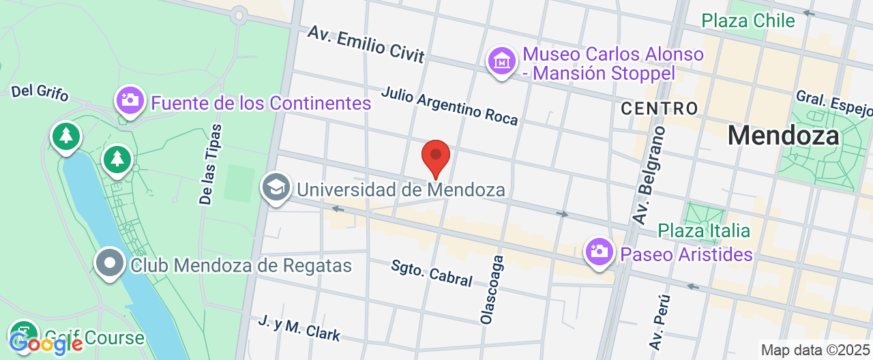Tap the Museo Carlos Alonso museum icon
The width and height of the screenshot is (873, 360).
coord(502,61)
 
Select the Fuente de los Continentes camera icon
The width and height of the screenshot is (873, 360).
coord(129,101)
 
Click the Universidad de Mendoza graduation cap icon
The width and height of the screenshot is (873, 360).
coord(276,187)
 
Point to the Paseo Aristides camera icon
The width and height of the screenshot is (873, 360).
coord(600,252)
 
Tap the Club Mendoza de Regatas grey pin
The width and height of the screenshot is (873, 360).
coord(109,263)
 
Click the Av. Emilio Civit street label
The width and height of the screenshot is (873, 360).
coord(366,44)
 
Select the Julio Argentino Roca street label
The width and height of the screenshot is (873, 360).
coord(449,106)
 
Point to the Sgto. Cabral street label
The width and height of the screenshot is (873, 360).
coord(432,272)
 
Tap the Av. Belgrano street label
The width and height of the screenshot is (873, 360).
coord(648,175)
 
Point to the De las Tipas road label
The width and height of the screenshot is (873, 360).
coord(211,164)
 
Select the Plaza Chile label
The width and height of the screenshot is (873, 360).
coord(748,20)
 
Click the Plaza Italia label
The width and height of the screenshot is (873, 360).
coord(704,230)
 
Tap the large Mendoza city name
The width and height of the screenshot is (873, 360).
coord(783,136)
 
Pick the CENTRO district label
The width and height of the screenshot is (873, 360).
coord(660,108)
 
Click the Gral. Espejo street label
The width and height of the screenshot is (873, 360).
coord(834,104)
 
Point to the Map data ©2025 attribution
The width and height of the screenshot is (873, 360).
coord(816,350)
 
